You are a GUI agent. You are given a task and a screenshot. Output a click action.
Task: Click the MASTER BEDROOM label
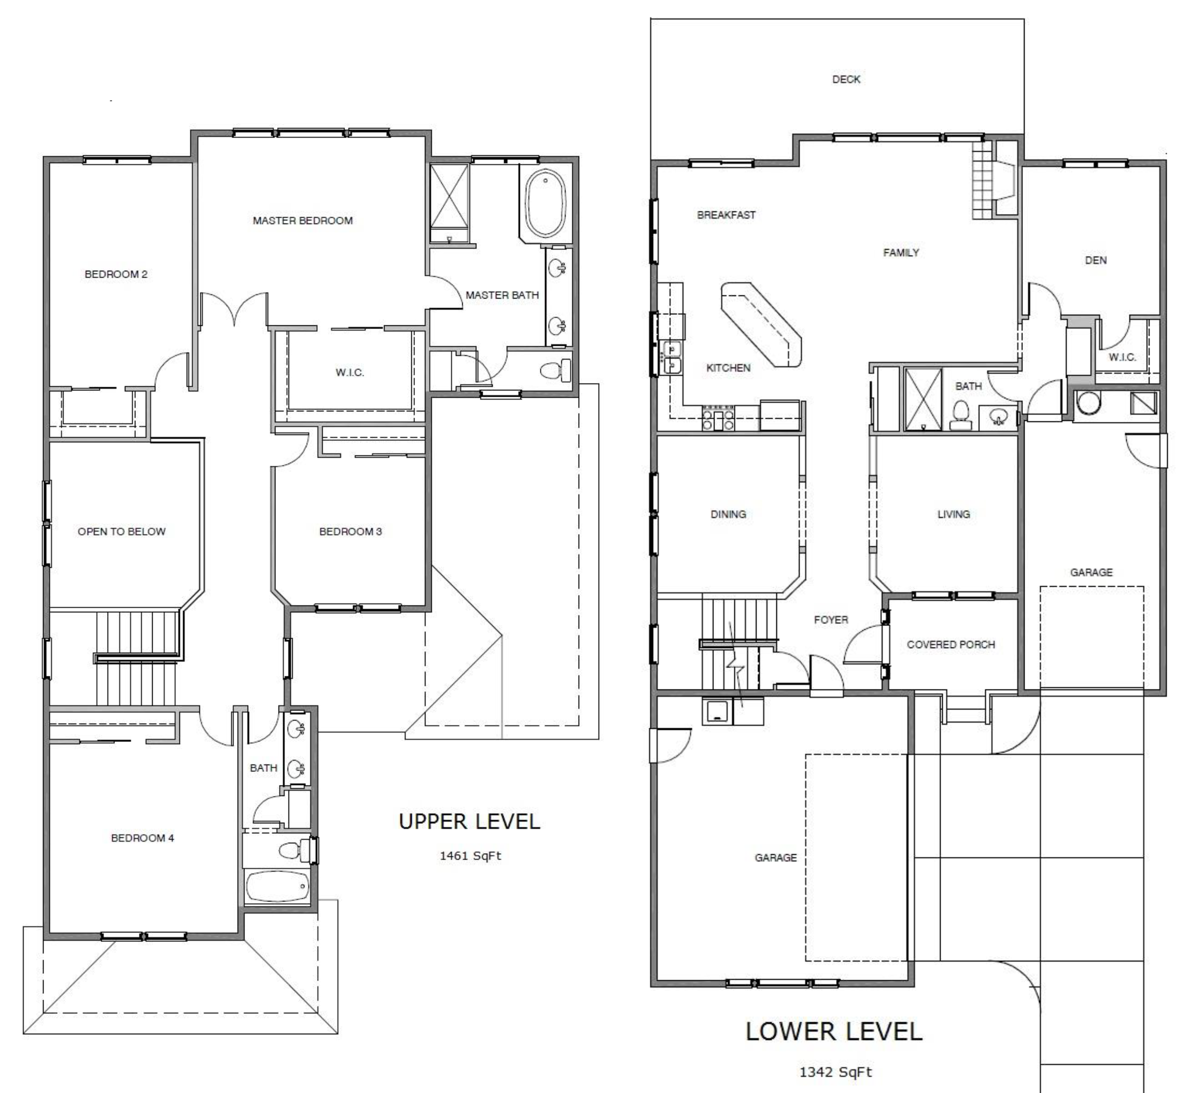[303, 220]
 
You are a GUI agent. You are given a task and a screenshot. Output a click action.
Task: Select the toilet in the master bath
[557, 371]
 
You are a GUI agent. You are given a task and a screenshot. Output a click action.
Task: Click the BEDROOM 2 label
[116, 274]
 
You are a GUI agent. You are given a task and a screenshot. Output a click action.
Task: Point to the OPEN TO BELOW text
[121, 531]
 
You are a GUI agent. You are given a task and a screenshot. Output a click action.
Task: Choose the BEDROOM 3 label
[351, 531]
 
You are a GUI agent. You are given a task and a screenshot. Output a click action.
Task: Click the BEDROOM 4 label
[143, 837]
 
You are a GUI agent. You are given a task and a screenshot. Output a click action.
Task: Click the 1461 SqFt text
[470, 855]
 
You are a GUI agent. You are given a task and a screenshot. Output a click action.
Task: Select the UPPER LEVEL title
[470, 821]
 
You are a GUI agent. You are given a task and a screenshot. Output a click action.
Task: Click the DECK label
[846, 79]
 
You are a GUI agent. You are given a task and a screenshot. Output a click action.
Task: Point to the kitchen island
[761, 324]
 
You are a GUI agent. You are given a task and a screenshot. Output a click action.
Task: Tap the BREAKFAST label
[726, 215]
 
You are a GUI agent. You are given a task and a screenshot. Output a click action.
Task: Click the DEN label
[1096, 260]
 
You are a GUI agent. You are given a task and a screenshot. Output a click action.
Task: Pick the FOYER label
[831, 619]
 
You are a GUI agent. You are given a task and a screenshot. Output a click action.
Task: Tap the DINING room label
[728, 514]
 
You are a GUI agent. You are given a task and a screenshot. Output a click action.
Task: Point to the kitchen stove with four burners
[718, 418]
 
